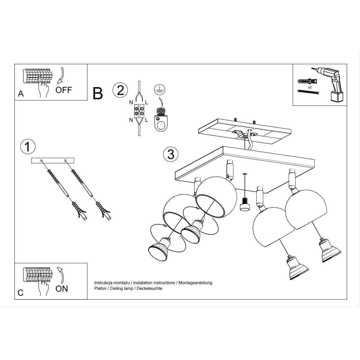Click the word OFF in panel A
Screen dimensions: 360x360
point(64,90)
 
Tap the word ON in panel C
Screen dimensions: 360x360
point(62,289)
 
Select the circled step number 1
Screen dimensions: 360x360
point(28,147)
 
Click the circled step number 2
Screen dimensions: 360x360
point(120,90)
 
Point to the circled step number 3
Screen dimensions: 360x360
point(171,154)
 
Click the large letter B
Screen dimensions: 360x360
point(98,93)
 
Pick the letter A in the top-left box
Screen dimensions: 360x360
point(21,94)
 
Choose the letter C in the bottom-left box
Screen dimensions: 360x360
point(20,293)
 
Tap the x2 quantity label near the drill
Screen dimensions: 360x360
point(310,87)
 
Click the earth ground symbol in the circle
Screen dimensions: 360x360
point(159,89)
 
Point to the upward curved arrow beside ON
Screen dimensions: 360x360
point(61,274)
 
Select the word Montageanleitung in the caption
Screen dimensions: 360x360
point(195,283)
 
